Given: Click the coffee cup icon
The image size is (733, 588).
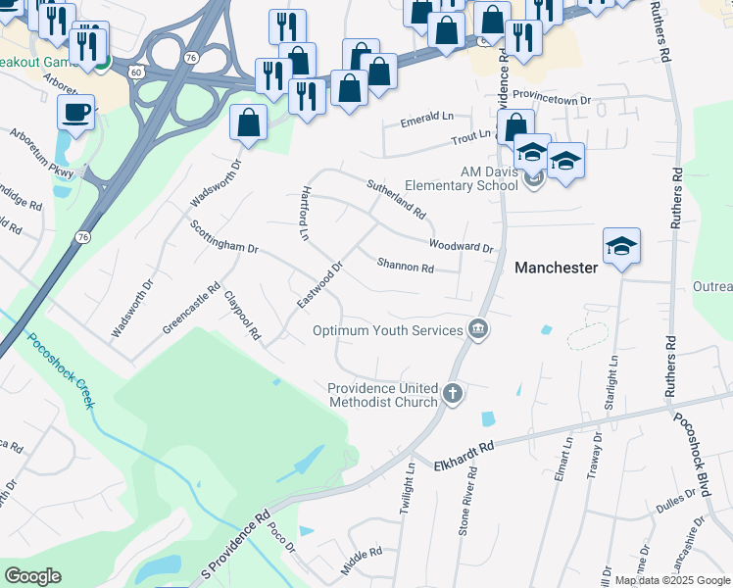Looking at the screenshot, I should click(75, 111).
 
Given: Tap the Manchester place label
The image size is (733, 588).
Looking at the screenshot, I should click(556, 268).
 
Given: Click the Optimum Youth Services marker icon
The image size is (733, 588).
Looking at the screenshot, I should click(477, 327).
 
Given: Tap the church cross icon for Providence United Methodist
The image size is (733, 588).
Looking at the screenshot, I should click(452, 393).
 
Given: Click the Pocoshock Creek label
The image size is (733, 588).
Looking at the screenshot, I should click(59, 372).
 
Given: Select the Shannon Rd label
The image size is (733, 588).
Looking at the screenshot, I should click(405, 266).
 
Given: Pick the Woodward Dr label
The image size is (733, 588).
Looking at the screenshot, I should click(461, 246).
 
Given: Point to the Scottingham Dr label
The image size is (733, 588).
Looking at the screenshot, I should click(223, 235).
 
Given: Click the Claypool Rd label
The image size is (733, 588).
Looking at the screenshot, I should click(242, 316).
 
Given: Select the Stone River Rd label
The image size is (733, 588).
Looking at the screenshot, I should click(467, 501).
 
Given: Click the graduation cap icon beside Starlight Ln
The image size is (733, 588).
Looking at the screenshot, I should click(621, 246).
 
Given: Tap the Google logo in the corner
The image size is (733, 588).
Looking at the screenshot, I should click(32, 576).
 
